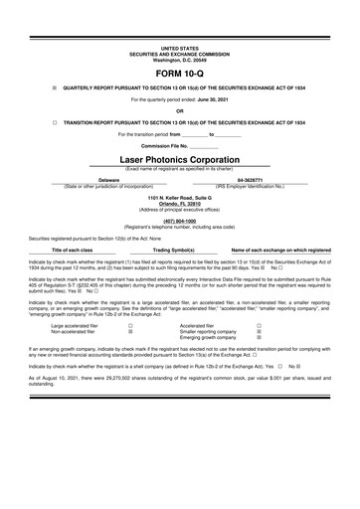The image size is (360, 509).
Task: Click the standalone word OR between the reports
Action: tap(180, 110)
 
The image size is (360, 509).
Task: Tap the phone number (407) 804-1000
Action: tap(180, 220)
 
